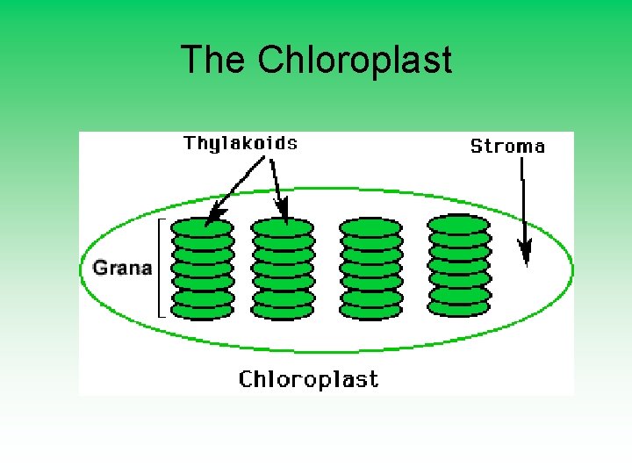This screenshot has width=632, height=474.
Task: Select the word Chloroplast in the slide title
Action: point(355,61)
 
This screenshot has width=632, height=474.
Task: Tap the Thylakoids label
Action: point(240,143)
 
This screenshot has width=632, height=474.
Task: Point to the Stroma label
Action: point(507,147)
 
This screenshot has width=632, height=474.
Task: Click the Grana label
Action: point(122,268)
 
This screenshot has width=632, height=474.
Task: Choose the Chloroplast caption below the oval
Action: point(309,379)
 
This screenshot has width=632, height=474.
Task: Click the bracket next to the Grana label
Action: point(161,267)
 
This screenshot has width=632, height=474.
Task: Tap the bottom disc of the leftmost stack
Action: point(202,310)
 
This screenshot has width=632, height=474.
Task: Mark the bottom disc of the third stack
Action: point(370,310)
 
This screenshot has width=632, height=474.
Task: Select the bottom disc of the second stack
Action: point(283,310)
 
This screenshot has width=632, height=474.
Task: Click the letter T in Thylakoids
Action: point(189,142)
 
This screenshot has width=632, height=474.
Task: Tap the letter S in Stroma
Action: point(477,147)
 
